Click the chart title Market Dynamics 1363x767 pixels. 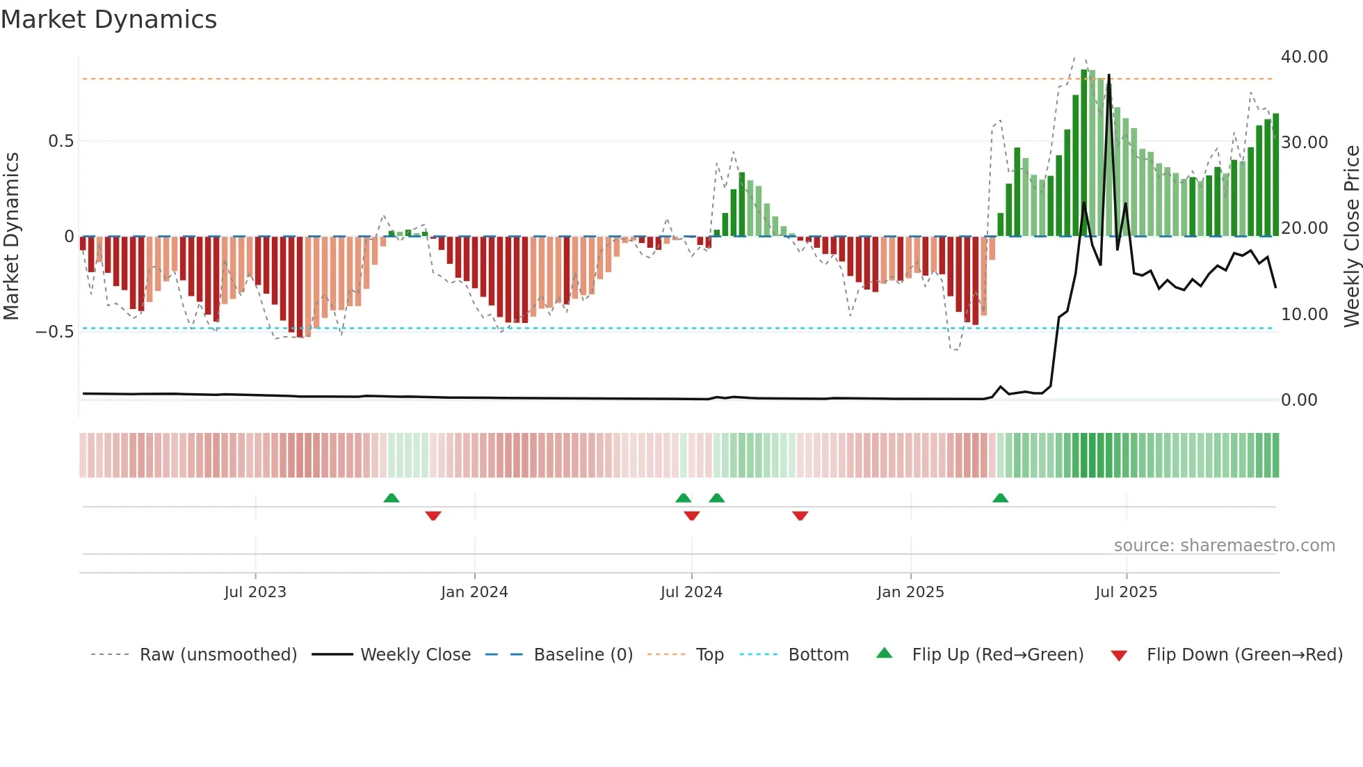[x=109, y=19]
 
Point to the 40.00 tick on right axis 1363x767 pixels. [x=1304, y=57]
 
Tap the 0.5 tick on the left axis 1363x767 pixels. [x=61, y=141]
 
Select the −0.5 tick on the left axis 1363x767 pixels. [x=55, y=332]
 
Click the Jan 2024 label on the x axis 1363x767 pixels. [x=474, y=592]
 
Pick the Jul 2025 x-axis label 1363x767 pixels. [x=1126, y=592]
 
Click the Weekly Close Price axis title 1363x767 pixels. [x=1351, y=237]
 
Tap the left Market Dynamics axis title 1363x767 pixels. [x=11, y=237]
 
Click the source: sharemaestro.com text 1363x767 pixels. [x=1224, y=546]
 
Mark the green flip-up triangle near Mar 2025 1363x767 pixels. [x=1000, y=498]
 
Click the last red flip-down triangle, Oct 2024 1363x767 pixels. [x=800, y=515]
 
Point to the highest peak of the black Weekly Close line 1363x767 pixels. [x=1108, y=75]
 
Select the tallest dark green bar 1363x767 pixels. [x=1083, y=153]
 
